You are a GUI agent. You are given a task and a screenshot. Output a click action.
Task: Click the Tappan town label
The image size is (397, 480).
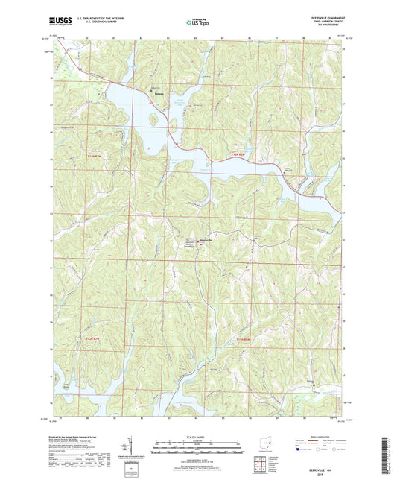point(158,94)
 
